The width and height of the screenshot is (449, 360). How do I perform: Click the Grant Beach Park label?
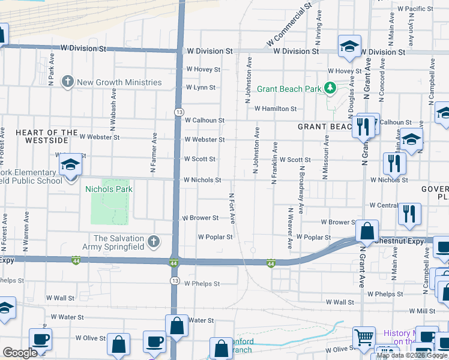(x=289, y=89)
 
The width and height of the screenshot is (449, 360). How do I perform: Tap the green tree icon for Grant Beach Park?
(x=330, y=89)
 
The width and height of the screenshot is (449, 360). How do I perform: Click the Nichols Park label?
(x=109, y=189)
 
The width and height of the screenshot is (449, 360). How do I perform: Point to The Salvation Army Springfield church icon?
(x=154, y=242)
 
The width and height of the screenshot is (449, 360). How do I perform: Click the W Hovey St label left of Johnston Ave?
(x=203, y=70)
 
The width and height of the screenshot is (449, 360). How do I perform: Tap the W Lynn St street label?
(x=200, y=88)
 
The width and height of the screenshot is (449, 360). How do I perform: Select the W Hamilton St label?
(x=276, y=109)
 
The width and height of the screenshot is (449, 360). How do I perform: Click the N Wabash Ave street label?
(x=113, y=111)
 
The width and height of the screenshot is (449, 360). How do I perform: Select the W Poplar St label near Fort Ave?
(x=215, y=237)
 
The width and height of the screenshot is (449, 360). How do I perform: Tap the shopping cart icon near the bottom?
(x=364, y=338)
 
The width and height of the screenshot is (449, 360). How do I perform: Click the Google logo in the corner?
(x=20, y=353)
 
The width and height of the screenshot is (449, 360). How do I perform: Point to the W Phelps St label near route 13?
(x=202, y=284)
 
